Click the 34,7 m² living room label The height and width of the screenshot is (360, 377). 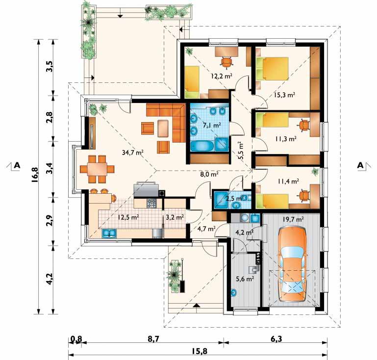pyautogui.click(x=133, y=153)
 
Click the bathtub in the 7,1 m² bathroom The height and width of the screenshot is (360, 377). pyautogui.click(x=201, y=146)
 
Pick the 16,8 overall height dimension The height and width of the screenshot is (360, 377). pyautogui.click(x=34, y=175)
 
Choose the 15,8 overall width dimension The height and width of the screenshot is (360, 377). pyautogui.click(x=200, y=351)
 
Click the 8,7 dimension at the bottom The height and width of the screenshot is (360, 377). pyautogui.click(x=154, y=339)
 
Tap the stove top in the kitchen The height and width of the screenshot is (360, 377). pyautogui.click(x=151, y=204)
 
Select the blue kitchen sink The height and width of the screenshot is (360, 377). pyautogui.click(x=109, y=233)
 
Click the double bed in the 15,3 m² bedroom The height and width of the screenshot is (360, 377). pyautogui.click(x=272, y=69)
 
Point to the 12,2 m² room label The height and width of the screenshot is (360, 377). pyautogui.click(x=222, y=76)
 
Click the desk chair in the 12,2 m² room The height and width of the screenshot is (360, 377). pyautogui.click(x=226, y=62)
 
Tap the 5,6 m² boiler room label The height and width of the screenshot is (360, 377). pyautogui.click(x=245, y=279)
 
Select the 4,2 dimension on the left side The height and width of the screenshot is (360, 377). pyautogui.click(x=49, y=278)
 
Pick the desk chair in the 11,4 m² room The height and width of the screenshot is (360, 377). pyautogui.click(x=304, y=195)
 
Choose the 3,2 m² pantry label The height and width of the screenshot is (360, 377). pyautogui.click(x=175, y=217)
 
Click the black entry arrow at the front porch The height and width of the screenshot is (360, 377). pyautogui.click(x=197, y=306)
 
